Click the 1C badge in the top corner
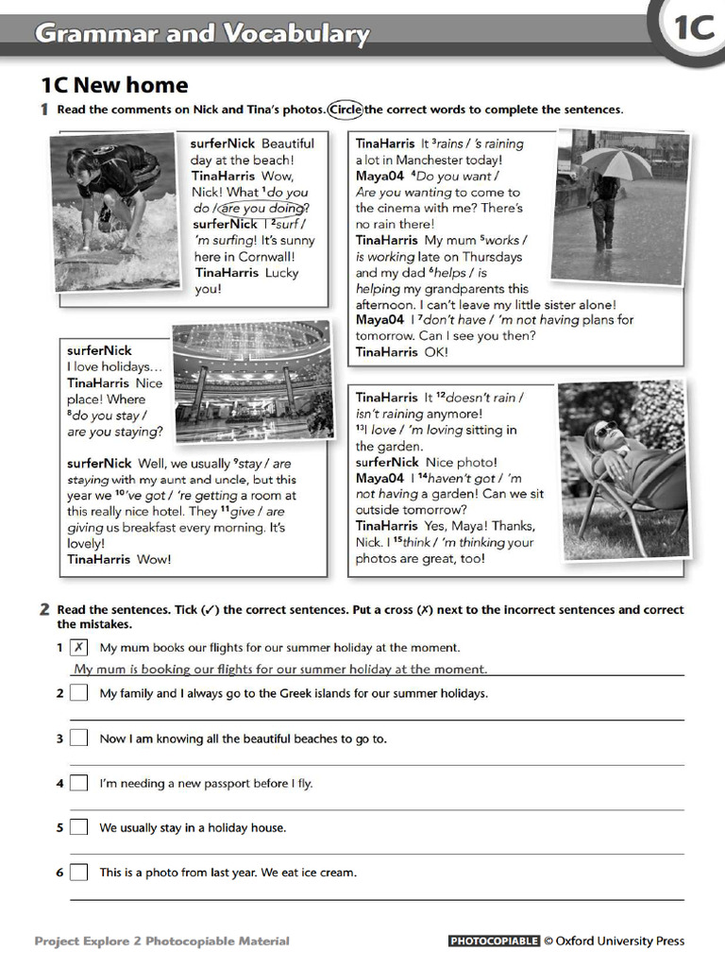694,29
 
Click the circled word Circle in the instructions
346,110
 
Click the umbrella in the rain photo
615,162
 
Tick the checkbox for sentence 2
79,693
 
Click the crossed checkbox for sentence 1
79,648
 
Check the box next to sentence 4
79,783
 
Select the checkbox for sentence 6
79,873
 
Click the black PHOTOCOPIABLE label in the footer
494,942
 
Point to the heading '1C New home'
114,86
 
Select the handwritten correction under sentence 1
281,670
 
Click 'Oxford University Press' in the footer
620,942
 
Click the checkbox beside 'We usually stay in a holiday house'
79,828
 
